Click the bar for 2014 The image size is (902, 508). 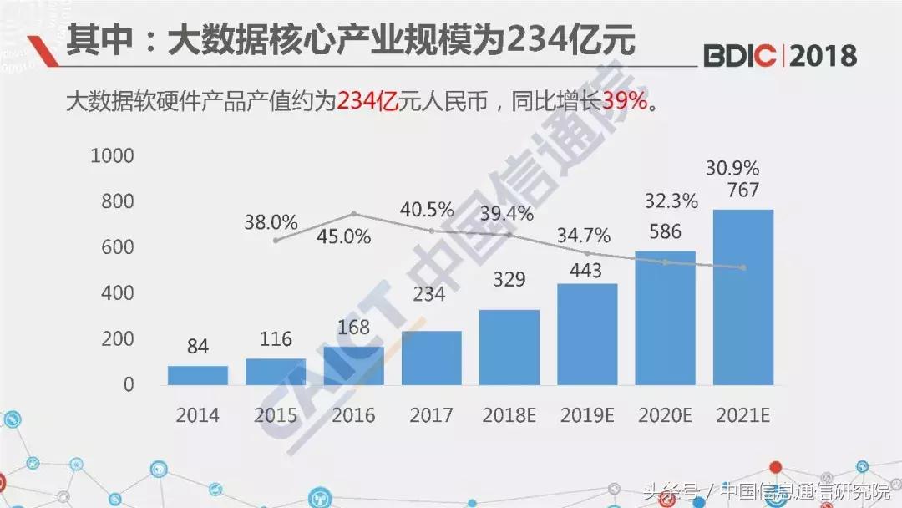click(x=198, y=375)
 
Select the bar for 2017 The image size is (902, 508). click(x=431, y=358)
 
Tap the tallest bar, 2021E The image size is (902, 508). click(x=742, y=297)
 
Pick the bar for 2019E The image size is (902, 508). click(x=587, y=334)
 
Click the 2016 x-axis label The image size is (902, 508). click(x=353, y=415)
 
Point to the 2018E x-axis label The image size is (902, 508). click(x=509, y=415)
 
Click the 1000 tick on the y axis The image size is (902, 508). click(x=111, y=156)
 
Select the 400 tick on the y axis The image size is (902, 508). click(x=117, y=293)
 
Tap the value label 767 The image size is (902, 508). click(x=742, y=190)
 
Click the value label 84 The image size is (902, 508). click(x=198, y=347)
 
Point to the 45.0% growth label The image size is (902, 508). click(x=343, y=236)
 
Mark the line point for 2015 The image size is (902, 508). click(x=276, y=241)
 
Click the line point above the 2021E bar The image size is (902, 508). click(x=742, y=267)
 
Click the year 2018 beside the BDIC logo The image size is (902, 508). click(x=823, y=56)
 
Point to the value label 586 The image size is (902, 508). click(x=665, y=232)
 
